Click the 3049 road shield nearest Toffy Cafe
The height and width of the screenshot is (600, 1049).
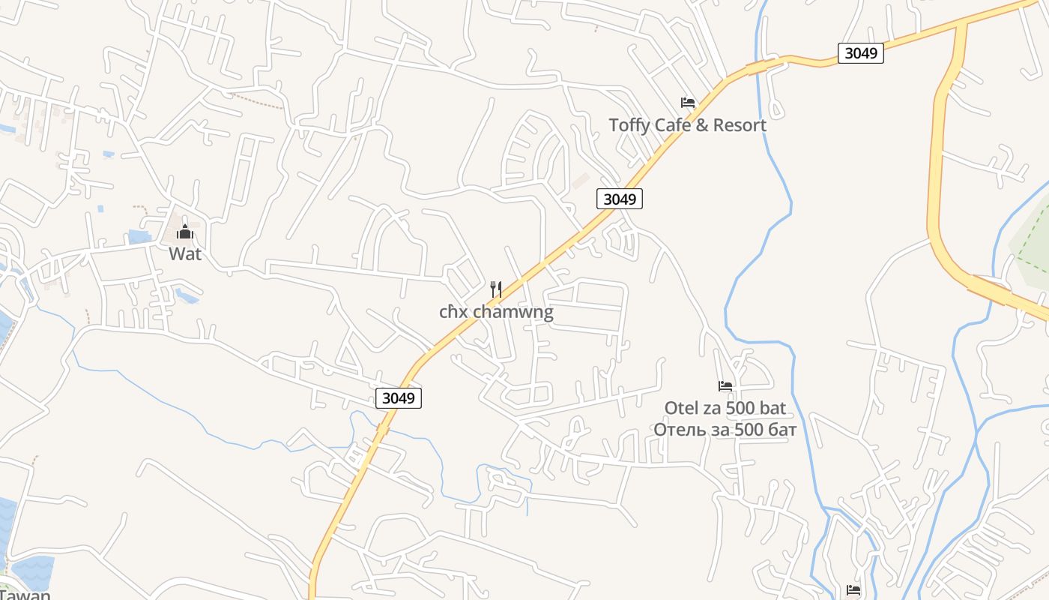(620, 199)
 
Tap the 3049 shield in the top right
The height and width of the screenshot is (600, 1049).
(860, 53)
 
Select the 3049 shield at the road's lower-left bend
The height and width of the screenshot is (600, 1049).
(398, 398)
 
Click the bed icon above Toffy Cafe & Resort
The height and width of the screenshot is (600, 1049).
(688, 103)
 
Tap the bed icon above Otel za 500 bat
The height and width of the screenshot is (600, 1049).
(725, 386)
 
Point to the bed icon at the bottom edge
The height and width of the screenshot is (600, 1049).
(853, 590)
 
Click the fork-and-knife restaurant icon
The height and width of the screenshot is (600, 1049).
(495, 289)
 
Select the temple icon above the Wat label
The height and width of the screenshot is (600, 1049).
(185, 232)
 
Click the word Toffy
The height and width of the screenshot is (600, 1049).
(629, 125)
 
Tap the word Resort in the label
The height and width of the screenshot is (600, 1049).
(740, 125)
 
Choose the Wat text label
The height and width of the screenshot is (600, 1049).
(185, 253)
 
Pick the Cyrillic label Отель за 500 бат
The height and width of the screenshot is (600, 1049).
(725, 430)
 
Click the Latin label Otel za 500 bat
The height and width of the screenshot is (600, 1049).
(725, 408)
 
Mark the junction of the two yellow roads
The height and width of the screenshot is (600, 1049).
(960, 27)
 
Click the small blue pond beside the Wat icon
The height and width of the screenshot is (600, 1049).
(139, 237)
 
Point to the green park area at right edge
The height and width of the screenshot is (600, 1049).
(1033, 240)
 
